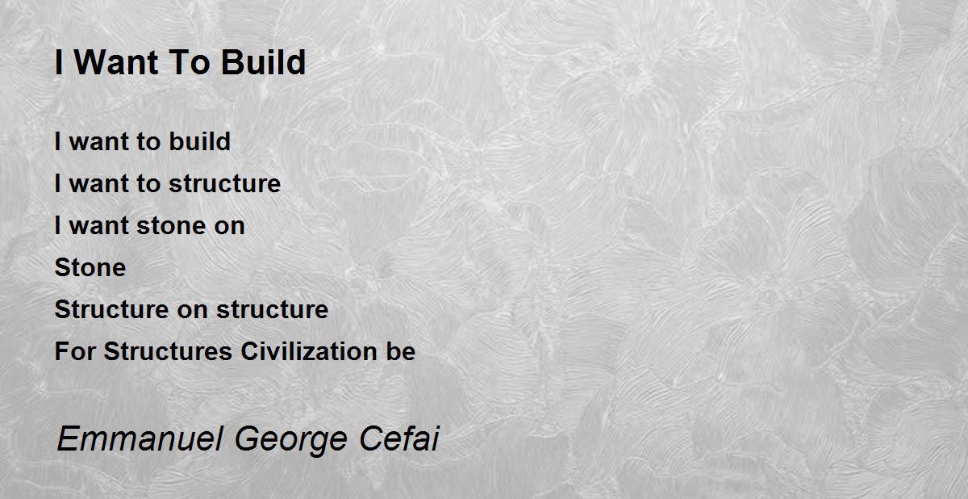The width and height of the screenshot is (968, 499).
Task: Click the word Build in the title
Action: coord(263,62)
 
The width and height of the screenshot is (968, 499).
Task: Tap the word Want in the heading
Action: coord(116,62)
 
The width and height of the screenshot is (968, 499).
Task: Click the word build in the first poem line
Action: coord(200,141)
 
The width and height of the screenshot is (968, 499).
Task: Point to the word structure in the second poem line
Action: coord(225,184)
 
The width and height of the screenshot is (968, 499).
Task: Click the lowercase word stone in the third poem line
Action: coord(171,226)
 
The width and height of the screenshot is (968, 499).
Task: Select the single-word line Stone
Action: coord(90,267)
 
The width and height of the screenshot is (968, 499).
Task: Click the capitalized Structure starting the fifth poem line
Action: coord(111,309)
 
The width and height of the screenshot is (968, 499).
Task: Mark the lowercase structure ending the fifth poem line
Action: coord(273,309)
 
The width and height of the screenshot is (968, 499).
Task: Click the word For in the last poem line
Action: coord(75,351)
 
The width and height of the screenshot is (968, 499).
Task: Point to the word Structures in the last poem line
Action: coord(168,351)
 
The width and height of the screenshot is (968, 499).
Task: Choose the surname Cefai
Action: coord(398,439)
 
